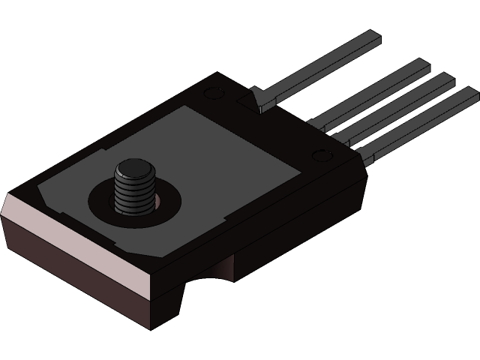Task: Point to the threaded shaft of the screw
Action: coord(133,194)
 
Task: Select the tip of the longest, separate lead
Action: coord(372,35)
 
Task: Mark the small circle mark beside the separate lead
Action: coord(211,93)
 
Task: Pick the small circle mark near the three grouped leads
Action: coord(324,156)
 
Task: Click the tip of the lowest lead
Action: coord(470,94)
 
